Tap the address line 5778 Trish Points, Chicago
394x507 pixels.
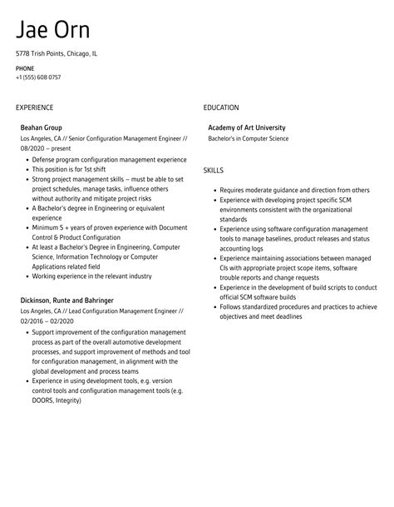[56, 53]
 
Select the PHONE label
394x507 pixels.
[25, 68]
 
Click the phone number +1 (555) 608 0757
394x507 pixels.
[38, 77]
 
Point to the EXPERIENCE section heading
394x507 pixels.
[34, 107]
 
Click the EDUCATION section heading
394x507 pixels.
[221, 107]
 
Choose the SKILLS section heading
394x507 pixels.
[214, 170]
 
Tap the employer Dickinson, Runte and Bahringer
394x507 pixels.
[66, 299]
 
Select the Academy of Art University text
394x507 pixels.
[253, 127]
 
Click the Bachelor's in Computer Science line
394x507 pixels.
[249, 138]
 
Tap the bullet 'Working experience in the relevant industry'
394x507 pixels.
[91, 276]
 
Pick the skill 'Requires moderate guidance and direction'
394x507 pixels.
[294, 190]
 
